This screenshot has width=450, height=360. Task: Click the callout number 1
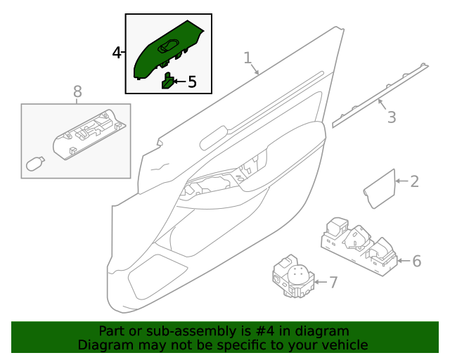point(247,58)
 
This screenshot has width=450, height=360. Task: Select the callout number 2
point(414,181)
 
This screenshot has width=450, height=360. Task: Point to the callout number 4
point(117,53)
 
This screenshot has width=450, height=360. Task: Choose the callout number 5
point(191,82)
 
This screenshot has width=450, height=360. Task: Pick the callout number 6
point(416,262)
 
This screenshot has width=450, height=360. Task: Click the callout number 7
point(333,283)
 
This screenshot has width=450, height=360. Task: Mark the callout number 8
point(77,91)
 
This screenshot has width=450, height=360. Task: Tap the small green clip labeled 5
point(169,81)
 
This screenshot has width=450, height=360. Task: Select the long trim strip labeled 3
point(380,95)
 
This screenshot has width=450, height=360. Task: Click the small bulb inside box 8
point(34,165)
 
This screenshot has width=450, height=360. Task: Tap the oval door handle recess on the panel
point(214,137)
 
